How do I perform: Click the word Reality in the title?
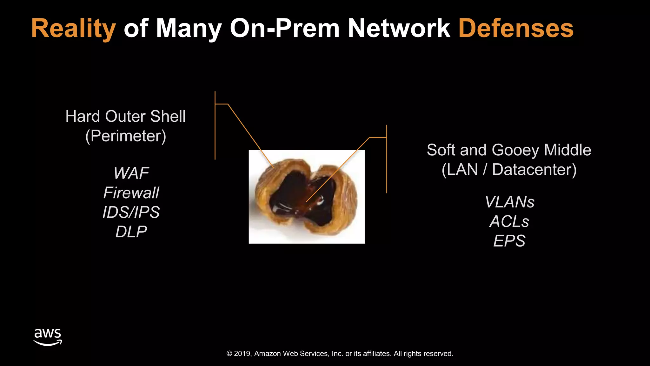pos(73,29)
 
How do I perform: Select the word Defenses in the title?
pos(516,29)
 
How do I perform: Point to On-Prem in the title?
pos(284,29)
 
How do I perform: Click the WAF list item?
pos(131,173)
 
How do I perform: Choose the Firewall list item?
pos(131,193)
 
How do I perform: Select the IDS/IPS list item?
pos(131,212)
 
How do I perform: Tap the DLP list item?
pos(131,232)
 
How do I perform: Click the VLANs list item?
pos(509,202)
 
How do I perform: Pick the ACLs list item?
pos(509,221)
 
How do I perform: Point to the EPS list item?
pos(509,241)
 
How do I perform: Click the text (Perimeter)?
pos(126,136)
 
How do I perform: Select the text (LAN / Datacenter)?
pos(509,170)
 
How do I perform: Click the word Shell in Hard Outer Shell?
pos(168,116)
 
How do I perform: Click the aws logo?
pos(48,337)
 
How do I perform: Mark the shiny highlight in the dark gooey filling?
pos(320,200)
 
